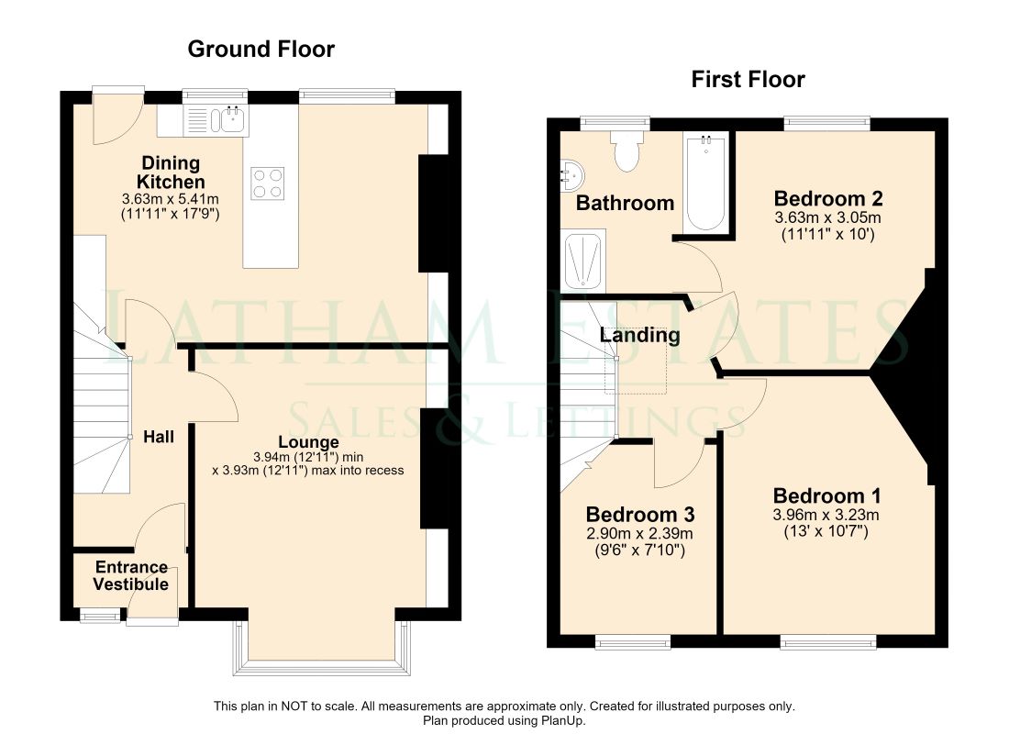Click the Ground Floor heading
pyautogui.click(x=261, y=49)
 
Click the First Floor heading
pyautogui.click(x=748, y=79)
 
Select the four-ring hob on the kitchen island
pyautogui.click(x=268, y=183)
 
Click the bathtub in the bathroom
pyautogui.click(x=706, y=183)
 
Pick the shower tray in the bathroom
pyautogui.click(x=584, y=261)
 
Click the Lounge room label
pyautogui.click(x=308, y=442)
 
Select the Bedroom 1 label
pyautogui.click(x=826, y=495)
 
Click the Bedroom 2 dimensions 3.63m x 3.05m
pyautogui.click(x=827, y=217)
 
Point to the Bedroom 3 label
pyautogui.click(x=640, y=515)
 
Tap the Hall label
pyautogui.click(x=159, y=437)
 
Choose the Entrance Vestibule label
pyautogui.click(x=131, y=575)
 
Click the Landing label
pyautogui.click(x=639, y=336)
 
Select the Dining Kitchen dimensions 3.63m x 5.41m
pyautogui.click(x=171, y=199)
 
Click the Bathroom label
pyautogui.click(x=625, y=204)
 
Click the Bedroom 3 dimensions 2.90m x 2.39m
pyautogui.click(x=639, y=534)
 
